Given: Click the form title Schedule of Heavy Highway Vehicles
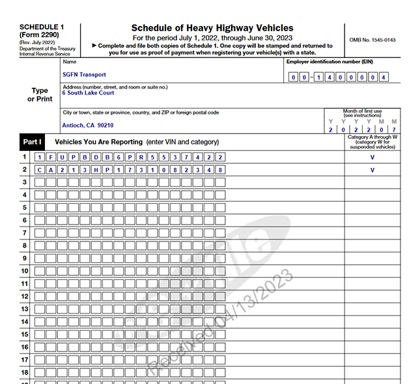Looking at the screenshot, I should (212, 28).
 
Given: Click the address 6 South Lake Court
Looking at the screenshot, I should (88, 93).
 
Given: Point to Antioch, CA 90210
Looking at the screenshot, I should (88, 125).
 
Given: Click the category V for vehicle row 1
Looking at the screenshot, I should (372, 158).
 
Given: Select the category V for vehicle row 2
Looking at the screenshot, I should (372, 170).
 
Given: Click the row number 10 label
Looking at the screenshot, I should (24, 271).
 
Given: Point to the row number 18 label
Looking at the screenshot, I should (24, 372).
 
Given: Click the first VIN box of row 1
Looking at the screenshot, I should (40, 158).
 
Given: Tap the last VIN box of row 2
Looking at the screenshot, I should (220, 170).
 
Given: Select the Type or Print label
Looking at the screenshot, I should (40, 95).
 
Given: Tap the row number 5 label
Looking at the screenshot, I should (24, 208).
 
